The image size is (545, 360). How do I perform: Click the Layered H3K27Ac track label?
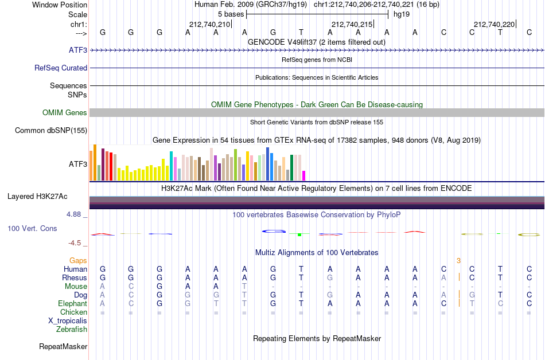click(x=37, y=197)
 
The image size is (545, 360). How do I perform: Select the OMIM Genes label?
click(x=65, y=112)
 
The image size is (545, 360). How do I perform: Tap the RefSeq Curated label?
click(x=61, y=68)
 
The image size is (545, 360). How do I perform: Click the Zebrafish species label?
click(x=72, y=329)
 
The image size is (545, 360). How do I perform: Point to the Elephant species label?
click(x=73, y=303)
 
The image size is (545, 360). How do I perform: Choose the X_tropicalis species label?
click(x=68, y=321)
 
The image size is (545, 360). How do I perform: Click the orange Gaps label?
click(x=78, y=260)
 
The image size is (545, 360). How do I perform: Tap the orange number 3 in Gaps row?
click(x=458, y=261)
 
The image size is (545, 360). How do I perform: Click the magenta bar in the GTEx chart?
click(x=304, y=175)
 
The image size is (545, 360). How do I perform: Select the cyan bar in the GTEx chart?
click(x=171, y=166)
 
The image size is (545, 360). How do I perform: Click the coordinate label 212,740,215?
click(x=352, y=24)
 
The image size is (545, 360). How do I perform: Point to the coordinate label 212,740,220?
click(x=494, y=24)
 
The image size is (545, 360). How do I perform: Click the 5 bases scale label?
click(x=231, y=14)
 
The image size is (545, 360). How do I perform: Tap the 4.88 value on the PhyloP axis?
click(x=73, y=214)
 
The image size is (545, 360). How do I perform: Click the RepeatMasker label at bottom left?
click(x=63, y=346)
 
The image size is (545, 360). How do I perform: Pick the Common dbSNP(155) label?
click(x=51, y=131)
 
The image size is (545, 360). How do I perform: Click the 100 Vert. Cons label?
click(x=32, y=228)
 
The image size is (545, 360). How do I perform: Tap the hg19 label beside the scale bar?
click(x=402, y=14)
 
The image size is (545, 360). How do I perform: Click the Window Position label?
click(x=60, y=5)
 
